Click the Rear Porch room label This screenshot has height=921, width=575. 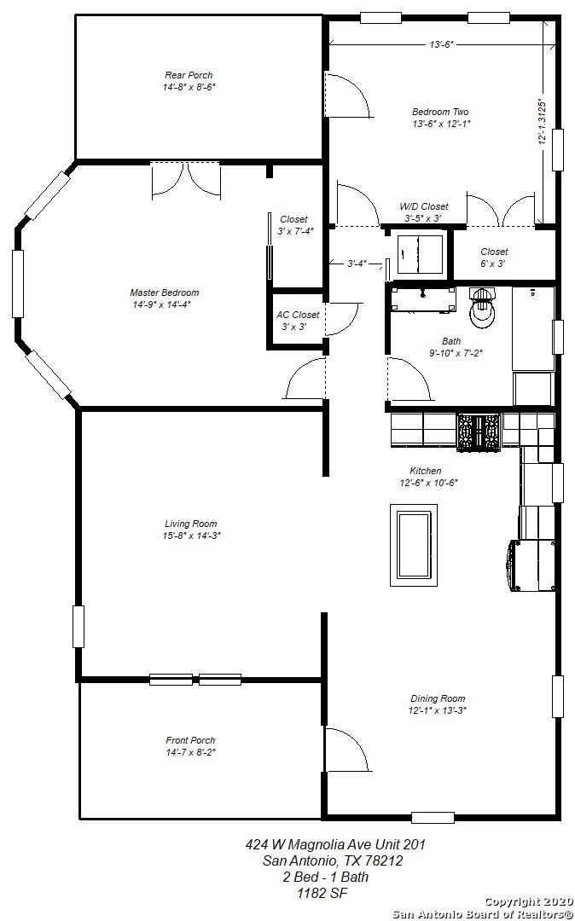click(189, 75)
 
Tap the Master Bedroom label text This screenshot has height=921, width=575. click(165, 293)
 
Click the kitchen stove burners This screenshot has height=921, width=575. click(478, 432)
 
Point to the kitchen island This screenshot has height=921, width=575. click(414, 544)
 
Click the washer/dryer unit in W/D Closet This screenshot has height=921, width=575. click(420, 254)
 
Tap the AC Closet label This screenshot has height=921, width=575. click(298, 315)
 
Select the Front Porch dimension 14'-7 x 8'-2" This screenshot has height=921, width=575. click(190, 752)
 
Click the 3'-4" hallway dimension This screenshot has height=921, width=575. click(357, 264)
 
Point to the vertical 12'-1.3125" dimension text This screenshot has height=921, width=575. click(542, 122)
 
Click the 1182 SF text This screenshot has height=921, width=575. click(322, 894)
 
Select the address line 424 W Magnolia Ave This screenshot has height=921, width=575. click(335, 844)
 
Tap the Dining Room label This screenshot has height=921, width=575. click(438, 698)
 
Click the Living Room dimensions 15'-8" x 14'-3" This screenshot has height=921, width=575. click(191, 536)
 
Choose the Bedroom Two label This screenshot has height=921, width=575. click(440, 112)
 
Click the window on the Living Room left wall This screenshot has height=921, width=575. click(78, 626)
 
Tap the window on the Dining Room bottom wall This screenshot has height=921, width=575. click(433, 817)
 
